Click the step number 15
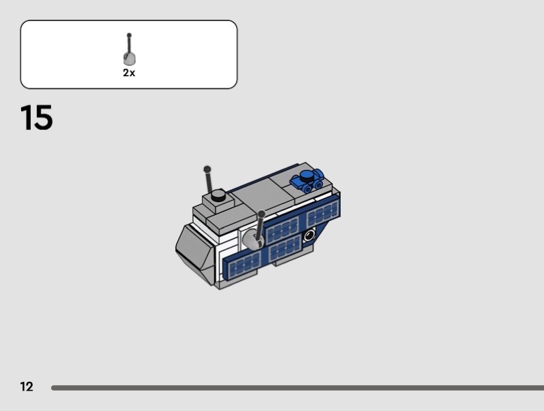pyautogui.click(x=37, y=118)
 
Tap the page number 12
pyautogui.click(x=27, y=387)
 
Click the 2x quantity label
pyautogui.click(x=129, y=73)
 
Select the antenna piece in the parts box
pyautogui.click(x=129, y=49)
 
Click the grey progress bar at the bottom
pyautogui.click(x=297, y=388)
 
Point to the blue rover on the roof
pyautogui.click(x=307, y=181)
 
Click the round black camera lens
pyautogui.click(x=309, y=236)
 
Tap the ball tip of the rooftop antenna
pyautogui.click(x=207, y=169)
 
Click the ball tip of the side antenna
pyautogui.click(x=262, y=214)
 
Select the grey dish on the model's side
pyautogui.click(x=252, y=240)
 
